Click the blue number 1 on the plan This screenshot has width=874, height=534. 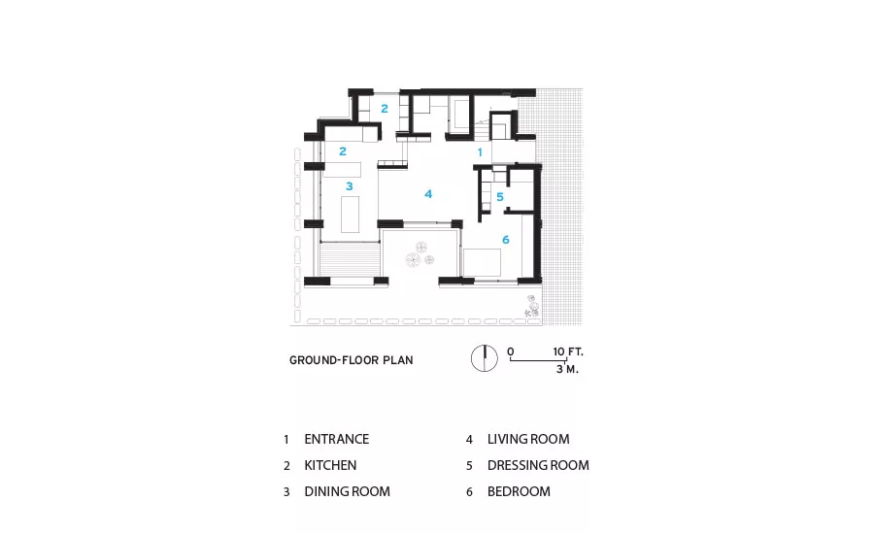[x=480, y=152]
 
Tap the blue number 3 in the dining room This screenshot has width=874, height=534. [x=350, y=186]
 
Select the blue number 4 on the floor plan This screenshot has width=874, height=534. [x=428, y=194]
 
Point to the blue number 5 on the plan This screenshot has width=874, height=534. [x=500, y=197]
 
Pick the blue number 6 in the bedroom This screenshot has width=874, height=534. [x=506, y=240]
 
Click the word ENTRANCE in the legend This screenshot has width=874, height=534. [x=337, y=439]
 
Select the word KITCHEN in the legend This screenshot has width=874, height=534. [x=330, y=465]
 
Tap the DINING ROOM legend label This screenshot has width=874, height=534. [x=348, y=491]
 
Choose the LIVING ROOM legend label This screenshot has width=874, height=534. [x=528, y=439]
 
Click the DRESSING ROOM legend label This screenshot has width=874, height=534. [x=538, y=465]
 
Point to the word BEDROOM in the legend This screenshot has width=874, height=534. [x=519, y=491]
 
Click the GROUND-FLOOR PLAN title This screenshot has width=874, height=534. [x=352, y=360]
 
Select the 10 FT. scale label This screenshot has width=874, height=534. [x=568, y=351]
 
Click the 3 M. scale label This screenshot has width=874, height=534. [x=567, y=369]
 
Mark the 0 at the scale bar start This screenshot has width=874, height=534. [x=511, y=351]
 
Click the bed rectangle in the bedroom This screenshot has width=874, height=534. [x=482, y=262]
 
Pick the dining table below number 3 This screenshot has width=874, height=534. [x=350, y=214]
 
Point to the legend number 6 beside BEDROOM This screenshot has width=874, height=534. [x=469, y=492]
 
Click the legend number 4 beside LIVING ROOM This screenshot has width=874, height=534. [x=469, y=440]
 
